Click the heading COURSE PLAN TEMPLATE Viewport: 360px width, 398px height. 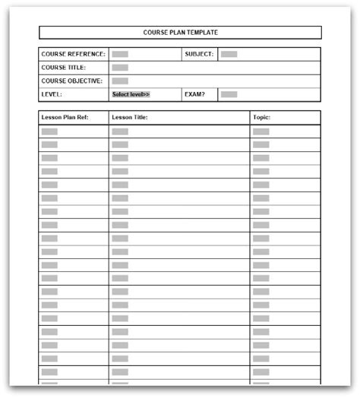click(179, 33)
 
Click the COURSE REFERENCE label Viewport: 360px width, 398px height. click(72, 54)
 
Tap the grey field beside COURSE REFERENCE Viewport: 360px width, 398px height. click(120, 54)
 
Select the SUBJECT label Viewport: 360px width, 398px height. click(200, 54)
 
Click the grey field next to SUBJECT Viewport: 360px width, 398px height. click(229, 54)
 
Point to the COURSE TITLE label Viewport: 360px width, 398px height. click(63, 68)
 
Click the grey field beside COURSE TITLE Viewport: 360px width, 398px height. click(120, 68)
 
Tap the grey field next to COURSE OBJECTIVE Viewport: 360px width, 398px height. click(120, 81)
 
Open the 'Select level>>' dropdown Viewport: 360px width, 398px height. click(131, 94)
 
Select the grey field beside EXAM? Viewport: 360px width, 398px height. click(229, 94)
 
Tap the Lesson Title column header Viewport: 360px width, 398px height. click(129, 118)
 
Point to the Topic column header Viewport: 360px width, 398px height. click(262, 118)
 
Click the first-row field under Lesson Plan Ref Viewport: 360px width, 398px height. click(49, 131)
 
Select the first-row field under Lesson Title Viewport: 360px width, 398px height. click(120, 131)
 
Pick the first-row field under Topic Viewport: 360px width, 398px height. click(261, 131)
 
